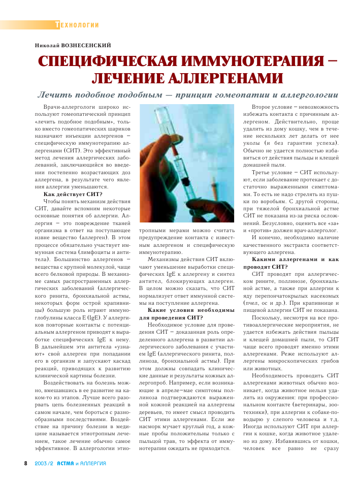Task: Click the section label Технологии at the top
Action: pyautogui.click(x=77, y=25)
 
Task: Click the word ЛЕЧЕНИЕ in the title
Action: pyautogui.click(x=127, y=79)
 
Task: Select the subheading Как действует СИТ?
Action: pyautogui.click(x=73, y=195)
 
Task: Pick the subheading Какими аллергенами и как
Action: pyautogui.click(x=296, y=259)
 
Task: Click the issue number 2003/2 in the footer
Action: pyautogui.click(x=45, y=463)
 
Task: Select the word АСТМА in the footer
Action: pyautogui.click(x=66, y=463)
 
